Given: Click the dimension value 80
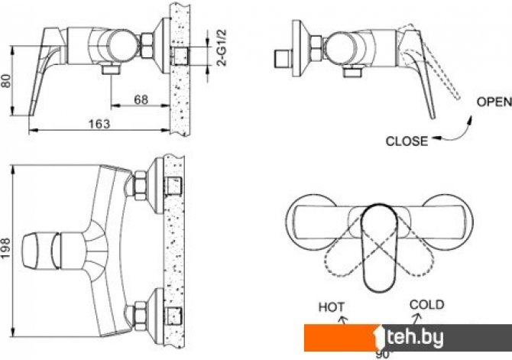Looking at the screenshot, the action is (x=6, y=81).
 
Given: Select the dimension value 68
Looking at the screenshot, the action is (x=141, y=99).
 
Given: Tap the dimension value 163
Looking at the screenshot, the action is (x=99, y=124).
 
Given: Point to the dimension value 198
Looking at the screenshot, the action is (x=6, y=248).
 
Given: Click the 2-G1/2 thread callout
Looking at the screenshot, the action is (x=222, y=47).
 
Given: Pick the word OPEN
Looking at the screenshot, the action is (x=494, y=102).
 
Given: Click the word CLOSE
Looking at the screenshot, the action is (x=407, y=141).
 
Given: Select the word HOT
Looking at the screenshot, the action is (x=332, y=307).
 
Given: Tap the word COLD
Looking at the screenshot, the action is (x=426, y=304).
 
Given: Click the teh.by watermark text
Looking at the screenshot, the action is (x=415, y=337).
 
